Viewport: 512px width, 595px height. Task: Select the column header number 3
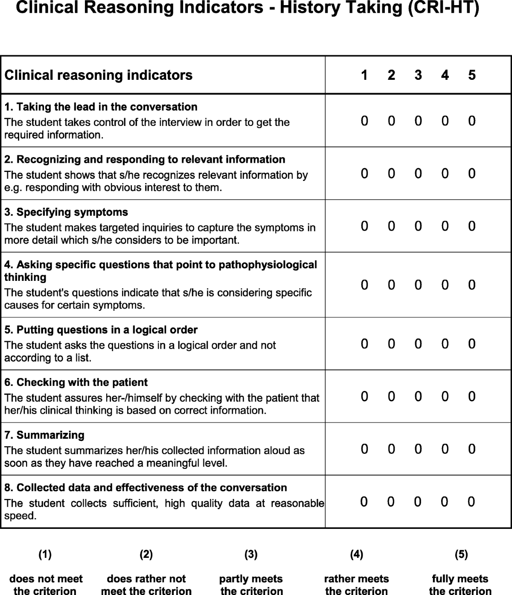click(x=418, y=75)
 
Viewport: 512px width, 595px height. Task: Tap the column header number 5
click(x=471, y=75)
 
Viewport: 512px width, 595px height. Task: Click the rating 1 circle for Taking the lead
click(x=364, y=121)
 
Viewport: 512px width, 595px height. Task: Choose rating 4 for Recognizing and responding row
click(x=445, y=174)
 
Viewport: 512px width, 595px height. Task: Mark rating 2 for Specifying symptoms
click(x=391, y=226)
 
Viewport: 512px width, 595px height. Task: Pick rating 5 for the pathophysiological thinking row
click(x=471, y=285)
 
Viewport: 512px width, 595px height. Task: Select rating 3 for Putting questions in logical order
click(x=418, y=344)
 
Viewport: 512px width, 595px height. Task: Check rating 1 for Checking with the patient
click(x=364, y=397)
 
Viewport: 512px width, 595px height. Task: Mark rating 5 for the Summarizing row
click(x=471, y=449)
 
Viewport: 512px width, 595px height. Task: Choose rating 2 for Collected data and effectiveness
click(x=391, y=502)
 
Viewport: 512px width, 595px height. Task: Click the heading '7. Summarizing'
click(x=44, y=435)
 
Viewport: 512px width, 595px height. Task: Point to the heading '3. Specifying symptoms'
click(x=66, y=212)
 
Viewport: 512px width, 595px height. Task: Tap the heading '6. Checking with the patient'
click(x=76, y=382)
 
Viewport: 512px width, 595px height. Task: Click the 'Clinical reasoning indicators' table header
click(x=99, y=75)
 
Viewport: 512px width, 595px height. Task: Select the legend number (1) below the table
click(x=45, y=554)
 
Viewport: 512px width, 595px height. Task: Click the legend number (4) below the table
click(x=356, y=554)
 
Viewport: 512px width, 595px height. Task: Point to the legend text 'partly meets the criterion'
click(x=251, y=585)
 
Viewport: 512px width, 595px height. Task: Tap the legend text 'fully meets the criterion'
click(x=460, y=585)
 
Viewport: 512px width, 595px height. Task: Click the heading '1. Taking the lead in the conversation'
click(x=101, y=107)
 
